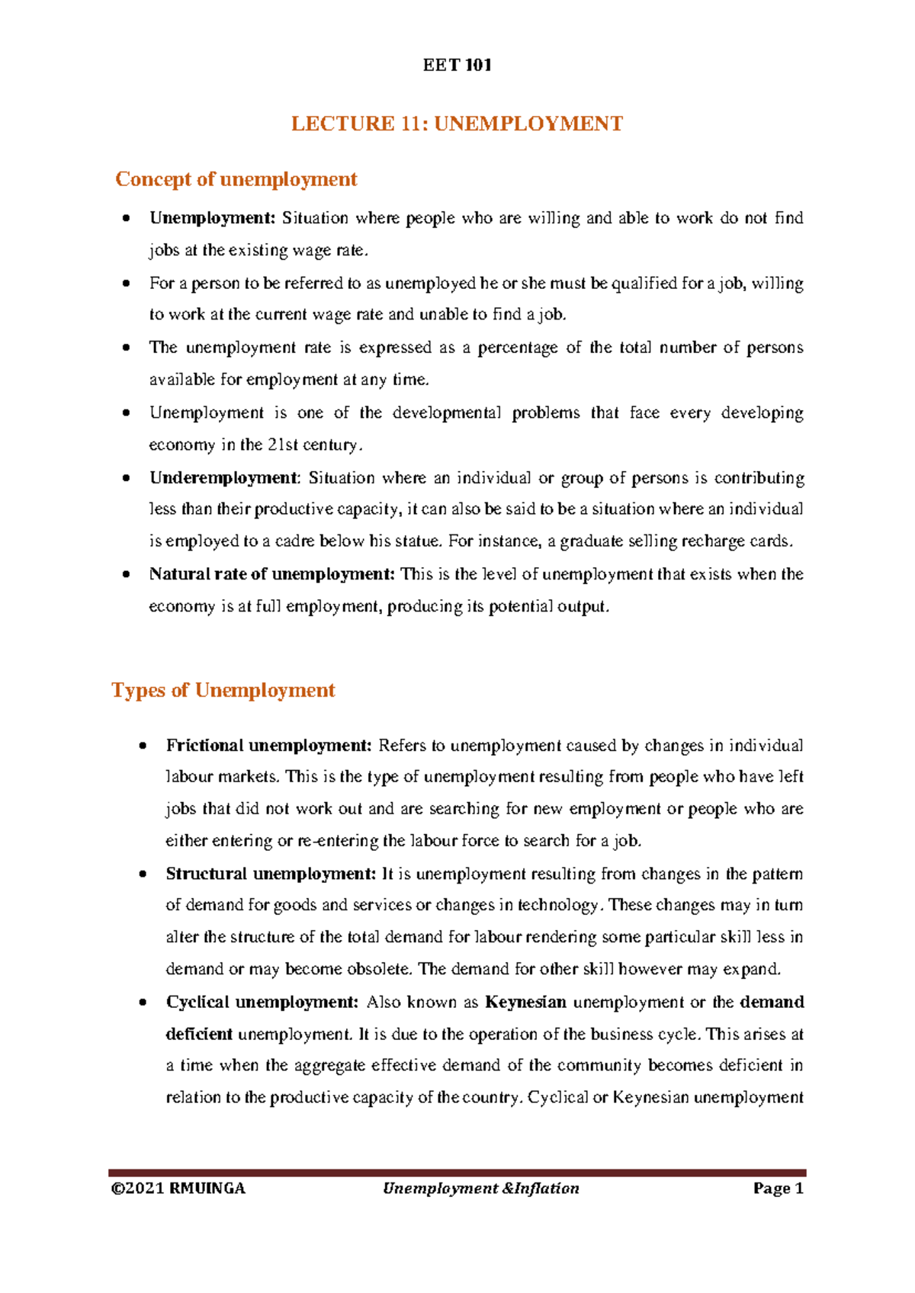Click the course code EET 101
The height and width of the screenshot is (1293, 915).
click(457, 65)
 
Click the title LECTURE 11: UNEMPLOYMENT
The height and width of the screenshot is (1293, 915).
click(457, 124)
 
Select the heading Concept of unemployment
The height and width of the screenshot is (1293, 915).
click(236, 179)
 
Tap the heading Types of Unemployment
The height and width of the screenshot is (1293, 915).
click(223, 690)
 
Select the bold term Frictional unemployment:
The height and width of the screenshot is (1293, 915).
click(268, 746)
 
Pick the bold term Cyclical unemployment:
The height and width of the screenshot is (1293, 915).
click(262, 1002)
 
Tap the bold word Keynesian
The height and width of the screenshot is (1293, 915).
click(525, 1002)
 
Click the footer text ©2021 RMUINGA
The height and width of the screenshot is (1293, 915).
click(178, 1189)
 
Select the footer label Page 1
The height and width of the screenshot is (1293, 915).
click(779, 1189)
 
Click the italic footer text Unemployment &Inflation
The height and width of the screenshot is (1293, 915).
click(481, 1189)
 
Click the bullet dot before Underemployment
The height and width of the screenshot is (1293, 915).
click(126, 479)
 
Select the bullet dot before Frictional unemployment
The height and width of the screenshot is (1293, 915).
click(143, 746)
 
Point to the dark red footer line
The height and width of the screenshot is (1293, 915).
click(457, 1173)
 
